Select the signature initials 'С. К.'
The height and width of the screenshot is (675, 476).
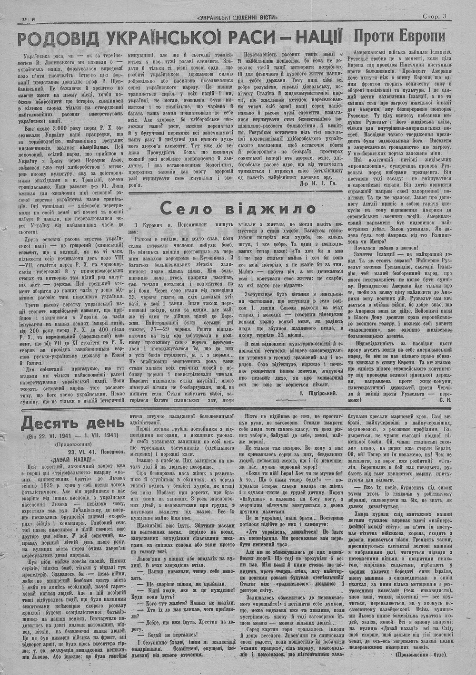tap(445, 400)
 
